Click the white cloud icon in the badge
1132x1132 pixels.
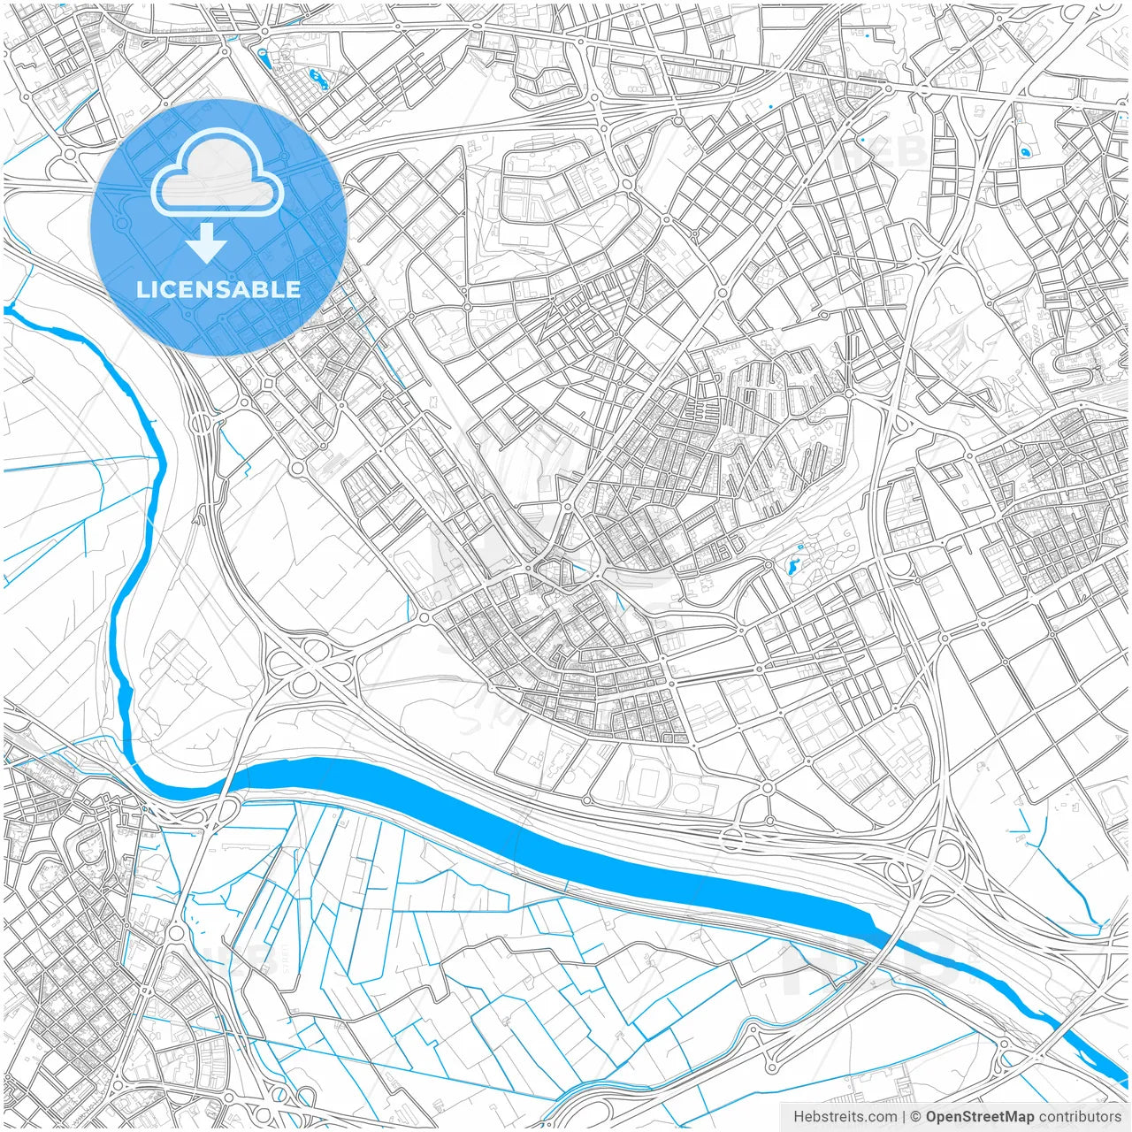point(218,172)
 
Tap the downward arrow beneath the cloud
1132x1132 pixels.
point(206,244)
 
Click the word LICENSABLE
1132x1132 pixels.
point(218,289)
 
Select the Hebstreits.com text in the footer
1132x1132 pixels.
point(845,1117)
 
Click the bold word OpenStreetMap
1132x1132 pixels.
point(980,1117)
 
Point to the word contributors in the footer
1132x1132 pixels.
point(1080,1117)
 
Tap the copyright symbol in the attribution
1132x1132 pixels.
point(916,1117)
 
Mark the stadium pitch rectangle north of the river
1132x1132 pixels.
point(651,783)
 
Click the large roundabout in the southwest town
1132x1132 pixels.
point(175,932)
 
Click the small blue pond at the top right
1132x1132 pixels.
point(1025,152)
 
